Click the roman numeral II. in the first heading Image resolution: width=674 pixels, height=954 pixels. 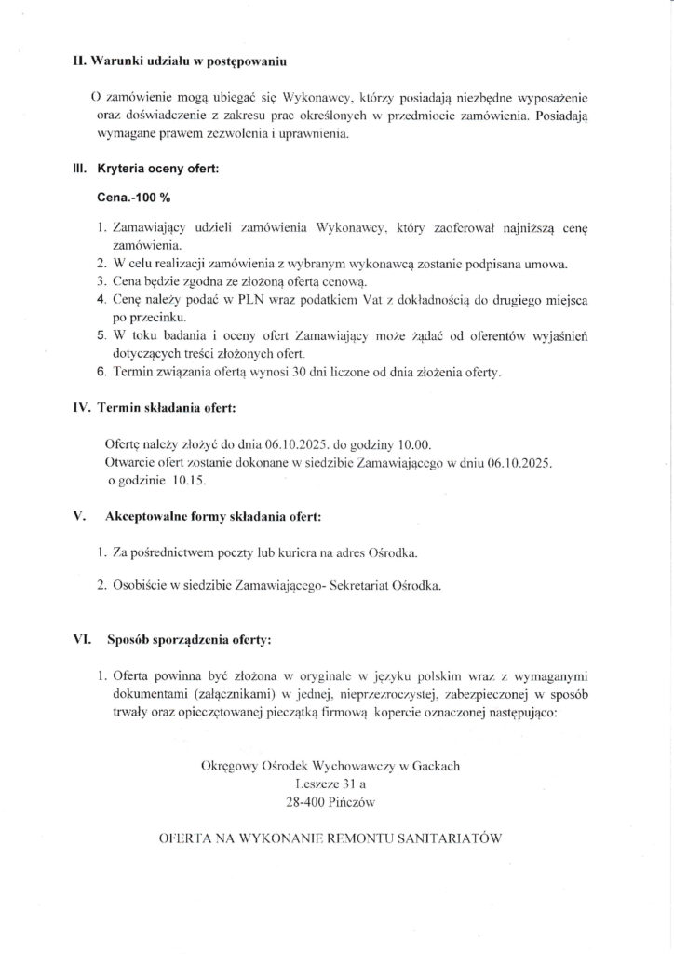click(x=80, y=61)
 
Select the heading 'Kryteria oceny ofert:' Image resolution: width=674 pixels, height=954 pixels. click(x=157, y=170)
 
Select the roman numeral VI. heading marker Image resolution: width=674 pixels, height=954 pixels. click(x=81, y=640)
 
